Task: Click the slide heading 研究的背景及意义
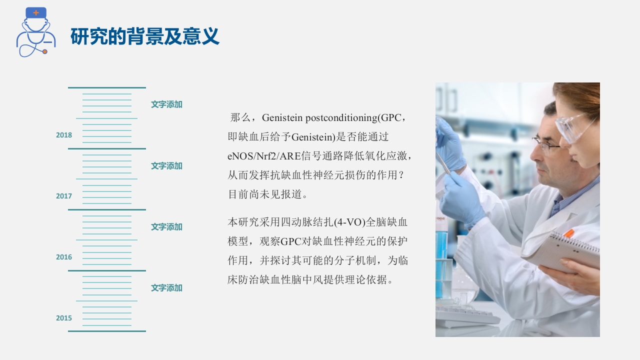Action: (x=145, y=36)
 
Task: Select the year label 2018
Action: (x=64, y=135)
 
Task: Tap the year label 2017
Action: (x=64, y=196)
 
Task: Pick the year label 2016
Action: (x=64, y=257)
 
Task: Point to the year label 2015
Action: (x=64, y=318)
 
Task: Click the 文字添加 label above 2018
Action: (x=166, y=104)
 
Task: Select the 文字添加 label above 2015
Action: (x=166, y=288)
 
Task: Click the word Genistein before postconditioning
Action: (x=282, y=118)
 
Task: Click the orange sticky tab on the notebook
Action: (x=568, y=233)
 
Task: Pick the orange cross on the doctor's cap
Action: (x=36, y=12)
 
